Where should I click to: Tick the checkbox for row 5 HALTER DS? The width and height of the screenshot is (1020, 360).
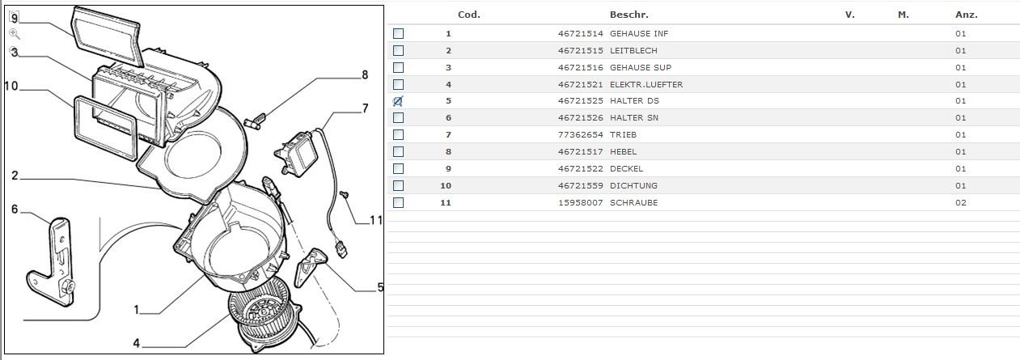398,101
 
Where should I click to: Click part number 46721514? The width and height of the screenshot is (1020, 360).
579,34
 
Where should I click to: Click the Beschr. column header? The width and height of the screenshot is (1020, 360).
629,15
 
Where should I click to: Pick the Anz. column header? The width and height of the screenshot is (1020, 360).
966,15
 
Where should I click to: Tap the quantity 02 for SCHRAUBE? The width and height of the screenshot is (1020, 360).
960,203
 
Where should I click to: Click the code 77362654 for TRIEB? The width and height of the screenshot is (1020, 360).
579,135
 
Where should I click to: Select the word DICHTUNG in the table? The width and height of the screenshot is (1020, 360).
633,186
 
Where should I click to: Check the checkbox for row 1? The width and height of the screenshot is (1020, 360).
398,34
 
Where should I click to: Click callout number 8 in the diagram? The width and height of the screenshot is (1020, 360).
365,75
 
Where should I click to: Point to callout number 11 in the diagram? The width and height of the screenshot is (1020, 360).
375,220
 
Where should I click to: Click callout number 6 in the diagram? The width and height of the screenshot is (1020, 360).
15,210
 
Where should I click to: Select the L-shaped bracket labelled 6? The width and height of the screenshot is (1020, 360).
57,259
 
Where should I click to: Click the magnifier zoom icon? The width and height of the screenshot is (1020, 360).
15,34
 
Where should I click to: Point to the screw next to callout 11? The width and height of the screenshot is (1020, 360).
345,196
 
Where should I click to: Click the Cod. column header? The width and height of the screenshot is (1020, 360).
469,15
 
